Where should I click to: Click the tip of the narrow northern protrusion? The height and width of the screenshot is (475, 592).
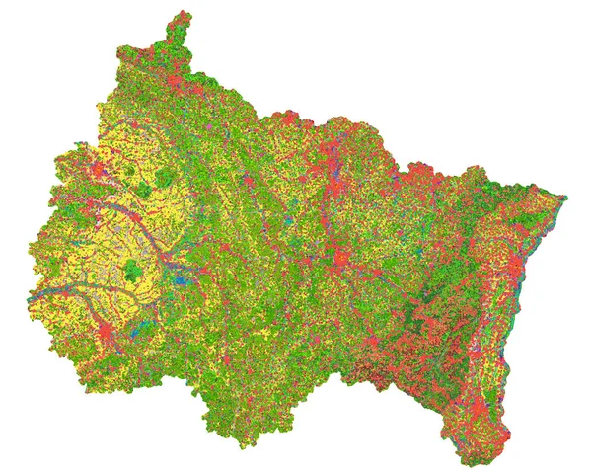[x=180, y=14]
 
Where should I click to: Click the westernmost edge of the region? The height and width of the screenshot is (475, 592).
[x=30, y=301]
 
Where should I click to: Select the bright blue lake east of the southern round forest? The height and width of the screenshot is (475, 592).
[x=179, y=279]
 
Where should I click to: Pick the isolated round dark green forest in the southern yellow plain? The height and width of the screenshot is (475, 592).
[x=133, y=268]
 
